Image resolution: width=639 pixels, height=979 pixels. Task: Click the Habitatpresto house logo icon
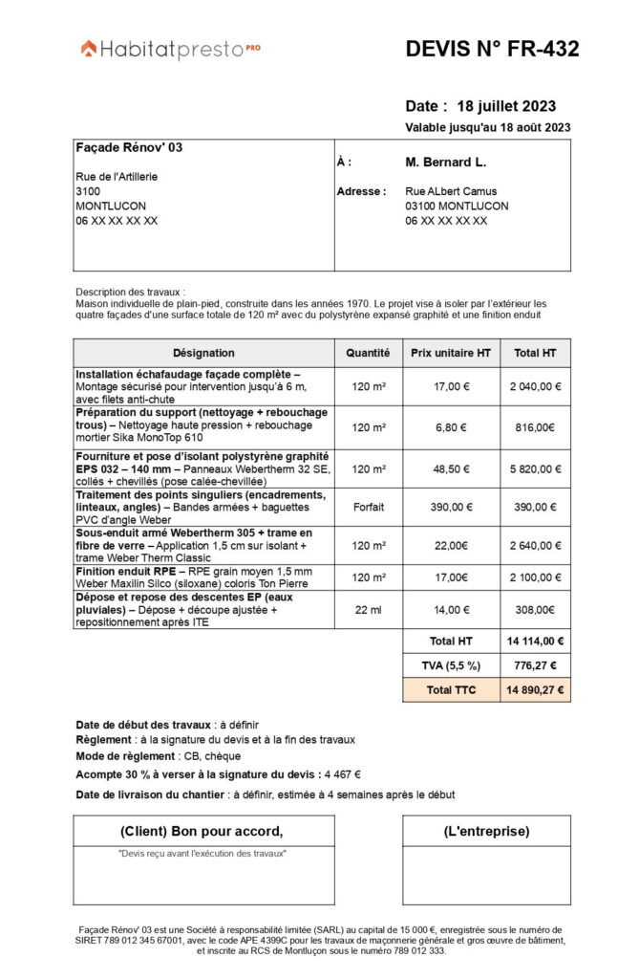coord(89,48)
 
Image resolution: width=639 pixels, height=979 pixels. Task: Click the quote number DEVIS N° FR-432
coord(492,50)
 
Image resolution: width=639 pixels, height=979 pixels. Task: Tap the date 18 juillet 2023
coord(506,106)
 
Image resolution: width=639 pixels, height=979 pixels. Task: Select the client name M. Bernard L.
coord(446,163)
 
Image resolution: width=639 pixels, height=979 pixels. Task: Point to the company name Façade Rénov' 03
coord(129,148)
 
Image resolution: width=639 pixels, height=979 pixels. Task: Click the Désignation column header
coord(203,353)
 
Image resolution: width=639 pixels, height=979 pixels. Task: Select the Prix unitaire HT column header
coord(450,353)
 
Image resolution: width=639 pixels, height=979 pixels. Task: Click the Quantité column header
coord(368,353)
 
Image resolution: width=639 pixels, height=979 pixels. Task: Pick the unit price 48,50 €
coord(451,469)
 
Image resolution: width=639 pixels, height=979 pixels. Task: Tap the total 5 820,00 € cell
coord(535,469)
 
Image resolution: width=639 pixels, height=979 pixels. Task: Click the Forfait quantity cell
coord(368,507)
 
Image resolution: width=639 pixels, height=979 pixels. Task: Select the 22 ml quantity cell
coord(368,609)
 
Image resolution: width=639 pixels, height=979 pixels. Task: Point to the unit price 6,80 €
coord(451,427)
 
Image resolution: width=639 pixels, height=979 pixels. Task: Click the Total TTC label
coord(451,689)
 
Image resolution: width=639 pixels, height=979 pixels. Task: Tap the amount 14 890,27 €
coord(535,689)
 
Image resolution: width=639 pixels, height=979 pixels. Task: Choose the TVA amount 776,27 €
coord(535,665)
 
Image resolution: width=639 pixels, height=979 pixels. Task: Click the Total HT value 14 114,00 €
coord(535,642)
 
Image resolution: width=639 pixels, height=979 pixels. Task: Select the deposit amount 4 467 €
coord(343,775)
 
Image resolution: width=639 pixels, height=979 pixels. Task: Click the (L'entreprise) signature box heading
coord(486,831)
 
